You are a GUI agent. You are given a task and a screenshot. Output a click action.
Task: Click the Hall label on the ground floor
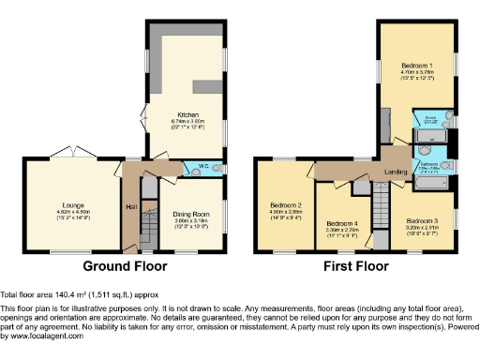tap(130, 207)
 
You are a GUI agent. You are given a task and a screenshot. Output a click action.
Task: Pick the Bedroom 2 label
tap(285, 205)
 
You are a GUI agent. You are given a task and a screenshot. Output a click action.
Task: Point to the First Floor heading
tap(357, 267)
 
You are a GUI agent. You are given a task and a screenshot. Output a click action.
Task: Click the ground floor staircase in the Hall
tap(145, 228)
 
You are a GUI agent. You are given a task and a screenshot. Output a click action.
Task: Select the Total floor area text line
tap(72, 294)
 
